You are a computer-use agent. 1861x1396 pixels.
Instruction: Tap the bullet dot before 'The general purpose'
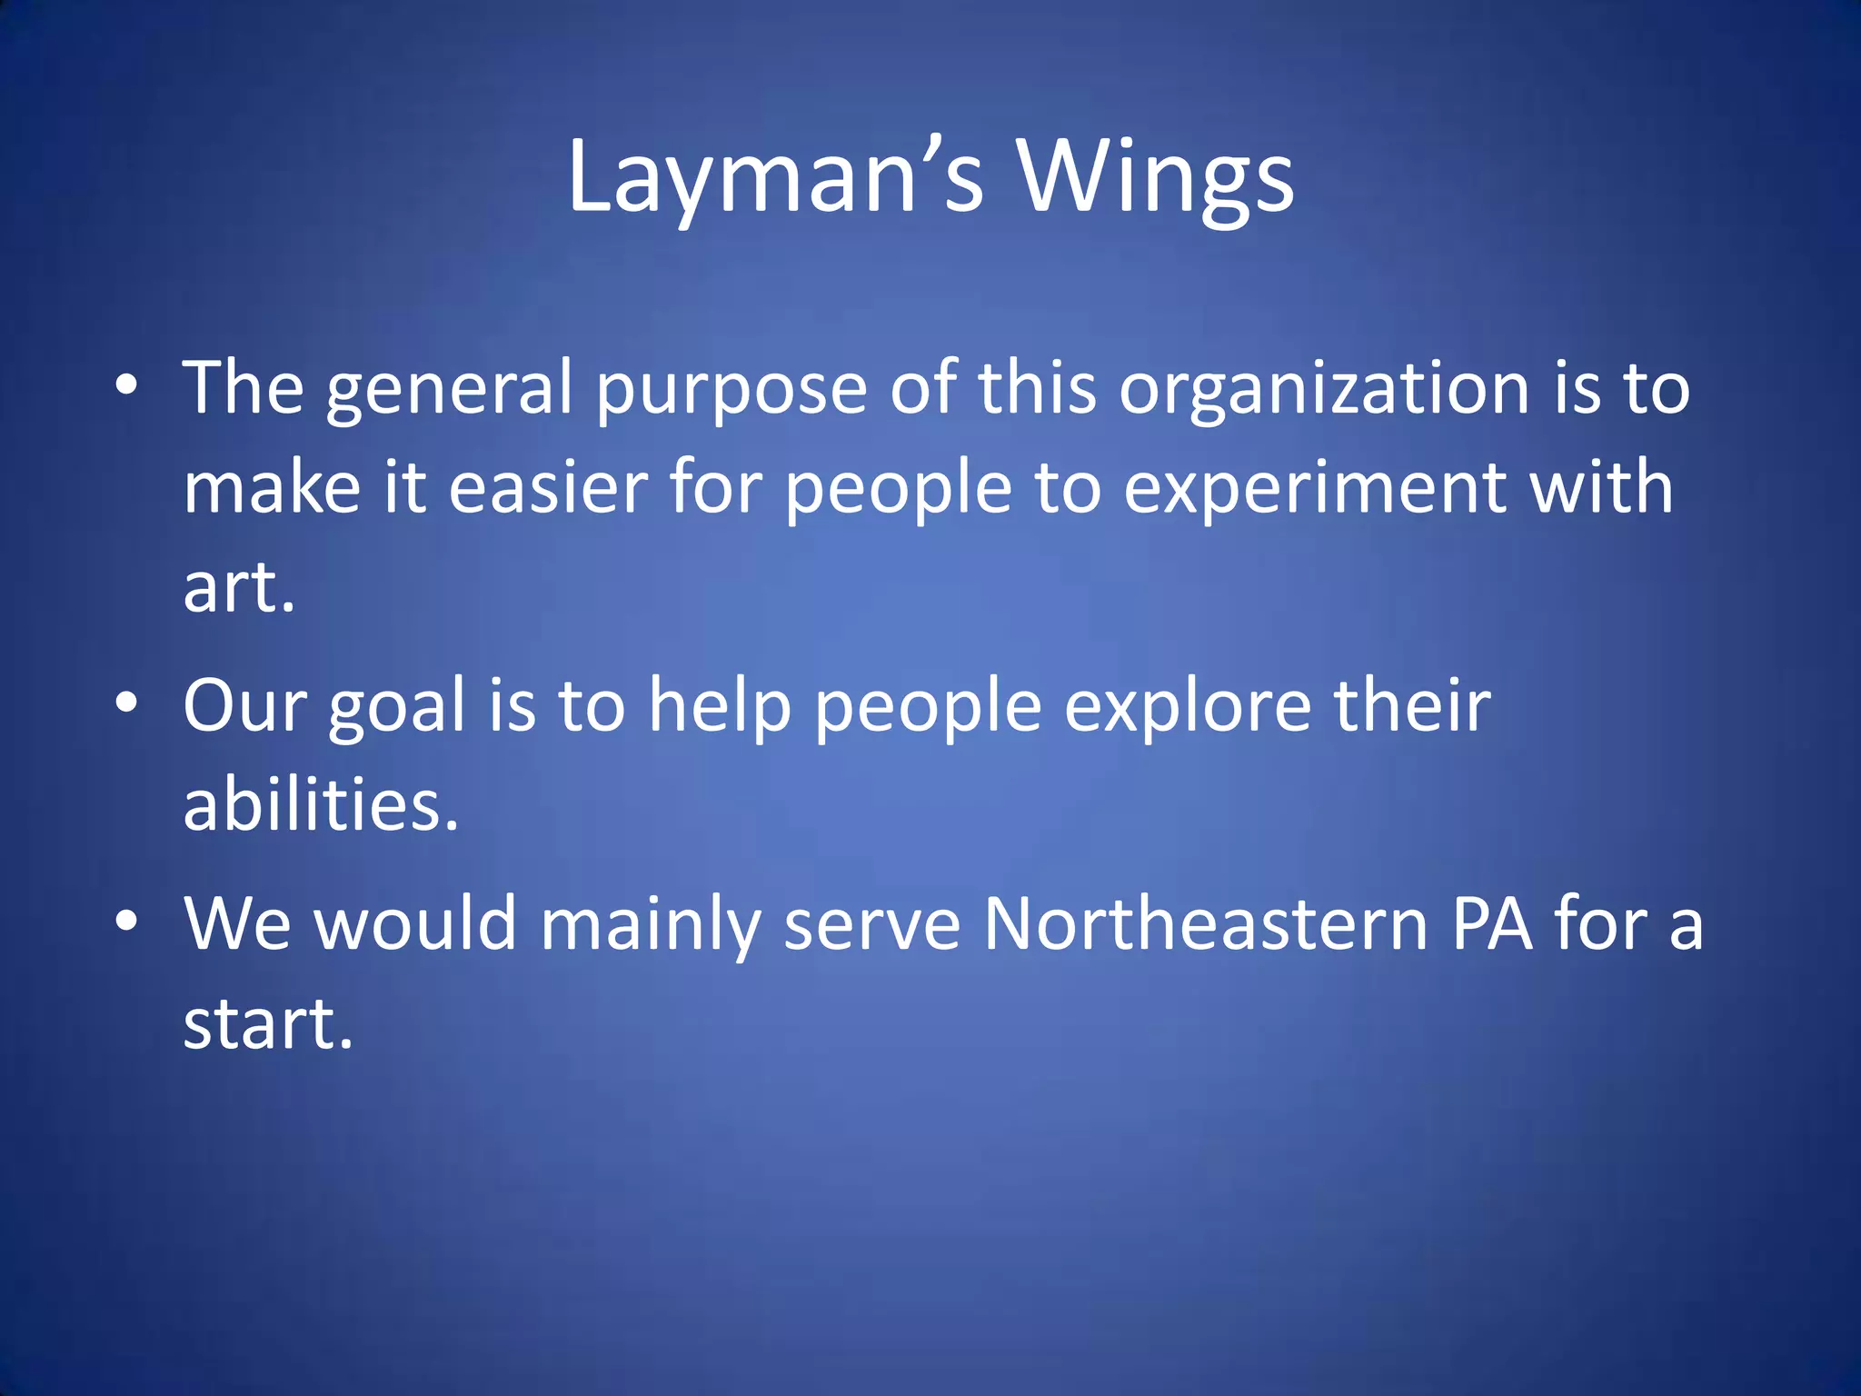pyautogui.click(x=126, y=384)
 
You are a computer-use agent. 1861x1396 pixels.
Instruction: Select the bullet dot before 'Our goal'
pyautogui.click(x=126, y=703)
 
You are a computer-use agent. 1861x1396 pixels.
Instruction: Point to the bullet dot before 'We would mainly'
pyautogui.click(x=126, y=921)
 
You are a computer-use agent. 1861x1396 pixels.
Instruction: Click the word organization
pyautogui.click(x=1324, y=389)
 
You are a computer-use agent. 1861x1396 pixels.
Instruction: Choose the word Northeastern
pyautogui.click(x=1206, y=923)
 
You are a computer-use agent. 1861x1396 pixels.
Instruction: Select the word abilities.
pyautogui.click(x=321, y=804)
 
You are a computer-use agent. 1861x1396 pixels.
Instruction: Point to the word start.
pyautogui.click(x=268, y=1023)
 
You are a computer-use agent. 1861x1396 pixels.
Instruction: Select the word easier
pyautogui.click(x=548, y=487)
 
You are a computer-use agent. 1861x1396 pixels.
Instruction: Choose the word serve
pyautogui.click(x=871, y=925)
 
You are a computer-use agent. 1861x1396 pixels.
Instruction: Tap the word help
pyautogui.click(x=720, y=707)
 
